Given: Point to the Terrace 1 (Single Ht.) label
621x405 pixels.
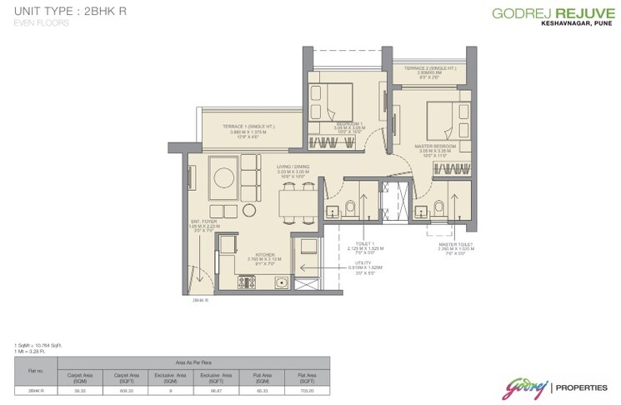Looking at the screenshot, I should [250, 128].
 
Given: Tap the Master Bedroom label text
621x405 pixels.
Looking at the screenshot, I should [435, 148].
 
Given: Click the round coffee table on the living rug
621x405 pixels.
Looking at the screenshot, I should [225, 177].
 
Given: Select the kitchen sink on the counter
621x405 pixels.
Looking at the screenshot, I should [282, 282].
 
